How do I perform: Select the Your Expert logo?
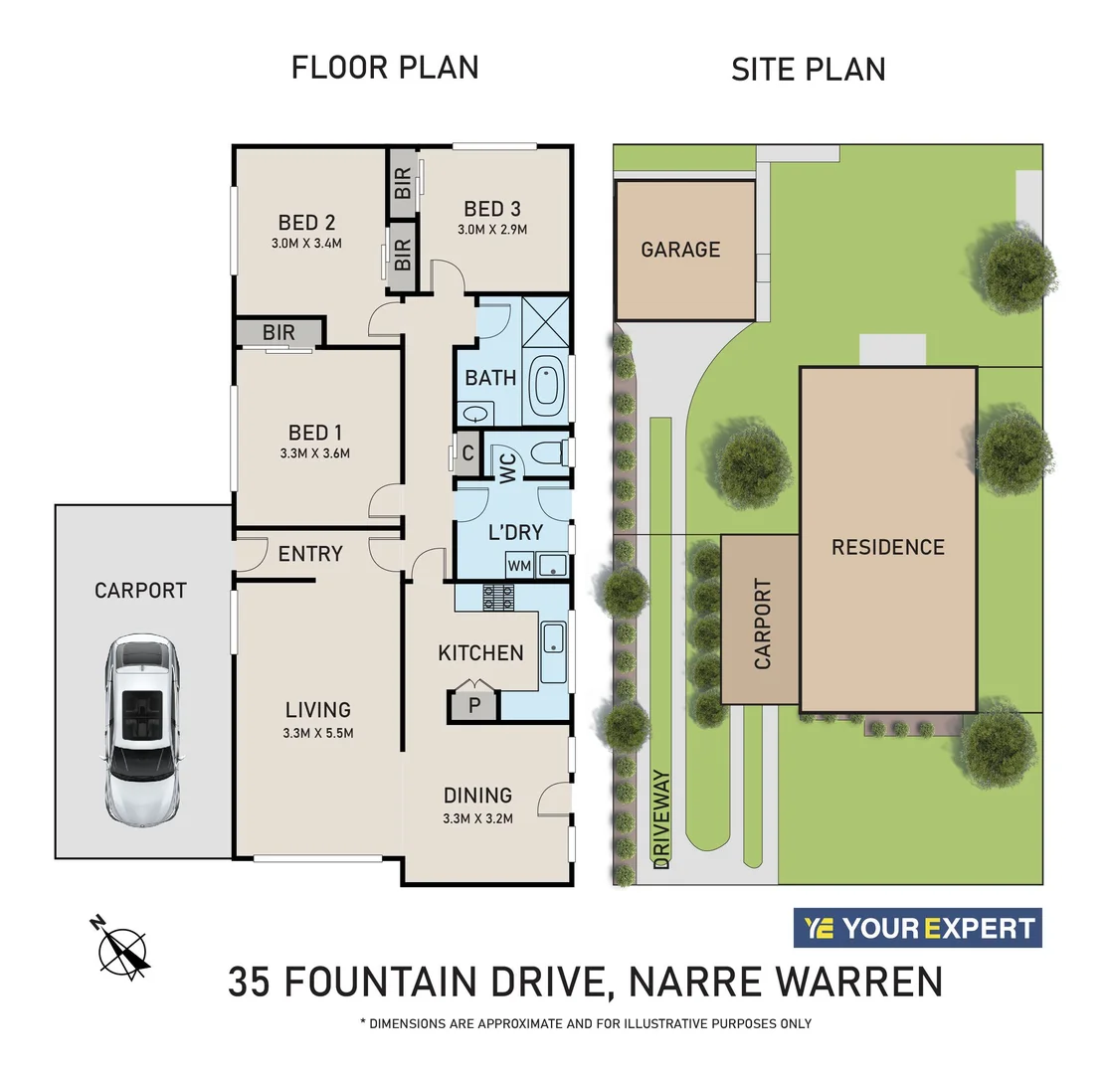coord(917,929)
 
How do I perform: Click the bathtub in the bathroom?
coord(546,385)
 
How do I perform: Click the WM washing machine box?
coord(519,565)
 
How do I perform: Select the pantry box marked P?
coord(473,706)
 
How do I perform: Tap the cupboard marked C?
coord(467,453)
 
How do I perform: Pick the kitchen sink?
coord(553,651)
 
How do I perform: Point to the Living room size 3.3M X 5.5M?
coord(318,733)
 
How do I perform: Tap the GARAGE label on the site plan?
coord(680,250)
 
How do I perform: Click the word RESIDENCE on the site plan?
coord(888,547)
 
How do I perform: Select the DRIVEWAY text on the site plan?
coord(662,818)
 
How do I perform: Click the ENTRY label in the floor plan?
coord(310,554)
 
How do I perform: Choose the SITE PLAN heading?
coord(808,70)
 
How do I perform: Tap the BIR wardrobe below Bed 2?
coord(279,332)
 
